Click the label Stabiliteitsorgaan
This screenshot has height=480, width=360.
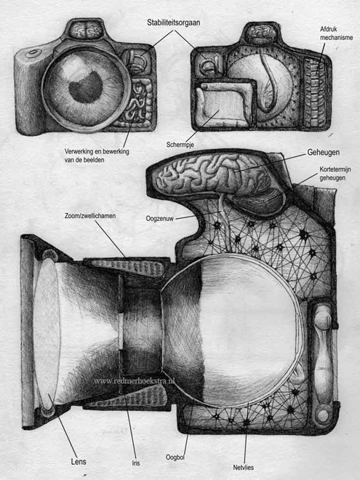[173, 23]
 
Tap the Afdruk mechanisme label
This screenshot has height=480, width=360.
[336, 33]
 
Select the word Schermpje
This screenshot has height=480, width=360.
[180, 145]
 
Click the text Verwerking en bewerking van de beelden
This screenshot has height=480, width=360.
[97, 155]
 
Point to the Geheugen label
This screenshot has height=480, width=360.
[323, 153]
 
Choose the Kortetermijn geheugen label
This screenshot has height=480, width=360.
[335, 174]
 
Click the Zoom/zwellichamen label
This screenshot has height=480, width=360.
[90, 216]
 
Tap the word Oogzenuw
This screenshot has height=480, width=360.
[159, 219]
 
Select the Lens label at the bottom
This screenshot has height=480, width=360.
[79, 461]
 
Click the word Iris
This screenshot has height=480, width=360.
[136, 463]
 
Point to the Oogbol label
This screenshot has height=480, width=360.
[175, 457]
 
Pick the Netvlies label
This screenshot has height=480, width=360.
[244, 468]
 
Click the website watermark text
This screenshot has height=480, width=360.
[134, 381]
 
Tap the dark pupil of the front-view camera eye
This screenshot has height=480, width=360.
[86, 85]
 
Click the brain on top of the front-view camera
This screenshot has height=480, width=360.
[86, 30]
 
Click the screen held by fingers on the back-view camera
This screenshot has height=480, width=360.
[223, 104]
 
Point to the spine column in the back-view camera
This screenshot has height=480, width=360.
[314, 92]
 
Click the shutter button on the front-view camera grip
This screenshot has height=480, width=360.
[33, 53]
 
